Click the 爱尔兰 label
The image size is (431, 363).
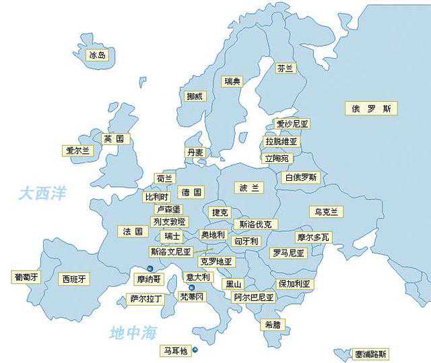pyautogui.click(x=77, y=151)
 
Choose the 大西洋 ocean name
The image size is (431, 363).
pyautogui.click(x=42, y=194)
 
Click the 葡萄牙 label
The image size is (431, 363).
pyautogui.click(x=27, y=277)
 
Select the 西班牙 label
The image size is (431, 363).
pyautogui.click(x=74, y=278)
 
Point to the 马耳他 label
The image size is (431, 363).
pyautogui.click(x=176, y=351)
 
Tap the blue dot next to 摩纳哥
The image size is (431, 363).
pyautogui.click(x=150, y=269)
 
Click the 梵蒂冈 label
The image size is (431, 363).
pyautogui.click(x=191, y=296)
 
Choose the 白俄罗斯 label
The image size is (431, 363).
pyautogui.click(x=301, y=177)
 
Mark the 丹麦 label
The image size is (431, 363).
pyautogui.click(x=195, y=153)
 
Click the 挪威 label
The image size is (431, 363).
pyautogui.click(x=195, y=96)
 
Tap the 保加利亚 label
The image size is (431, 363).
pyautogui.click(x=294, y=283)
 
